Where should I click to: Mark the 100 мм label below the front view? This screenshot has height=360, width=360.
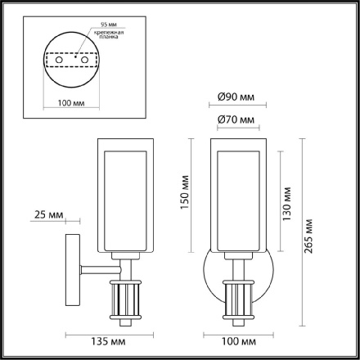click(236, 336)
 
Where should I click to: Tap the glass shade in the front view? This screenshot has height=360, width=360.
click(236, 196)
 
